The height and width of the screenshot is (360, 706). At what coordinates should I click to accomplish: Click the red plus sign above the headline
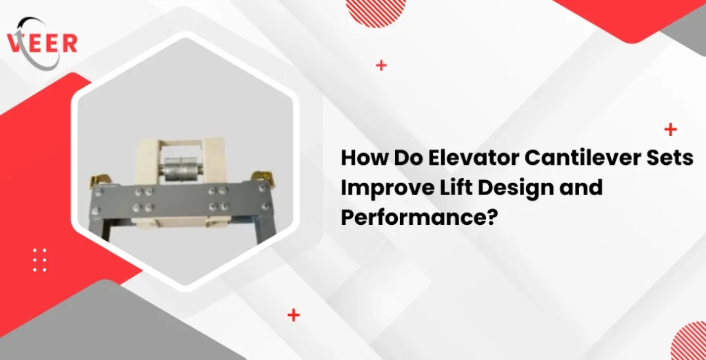point(669,129)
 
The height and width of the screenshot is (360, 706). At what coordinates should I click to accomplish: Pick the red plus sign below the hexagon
point(294,315)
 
